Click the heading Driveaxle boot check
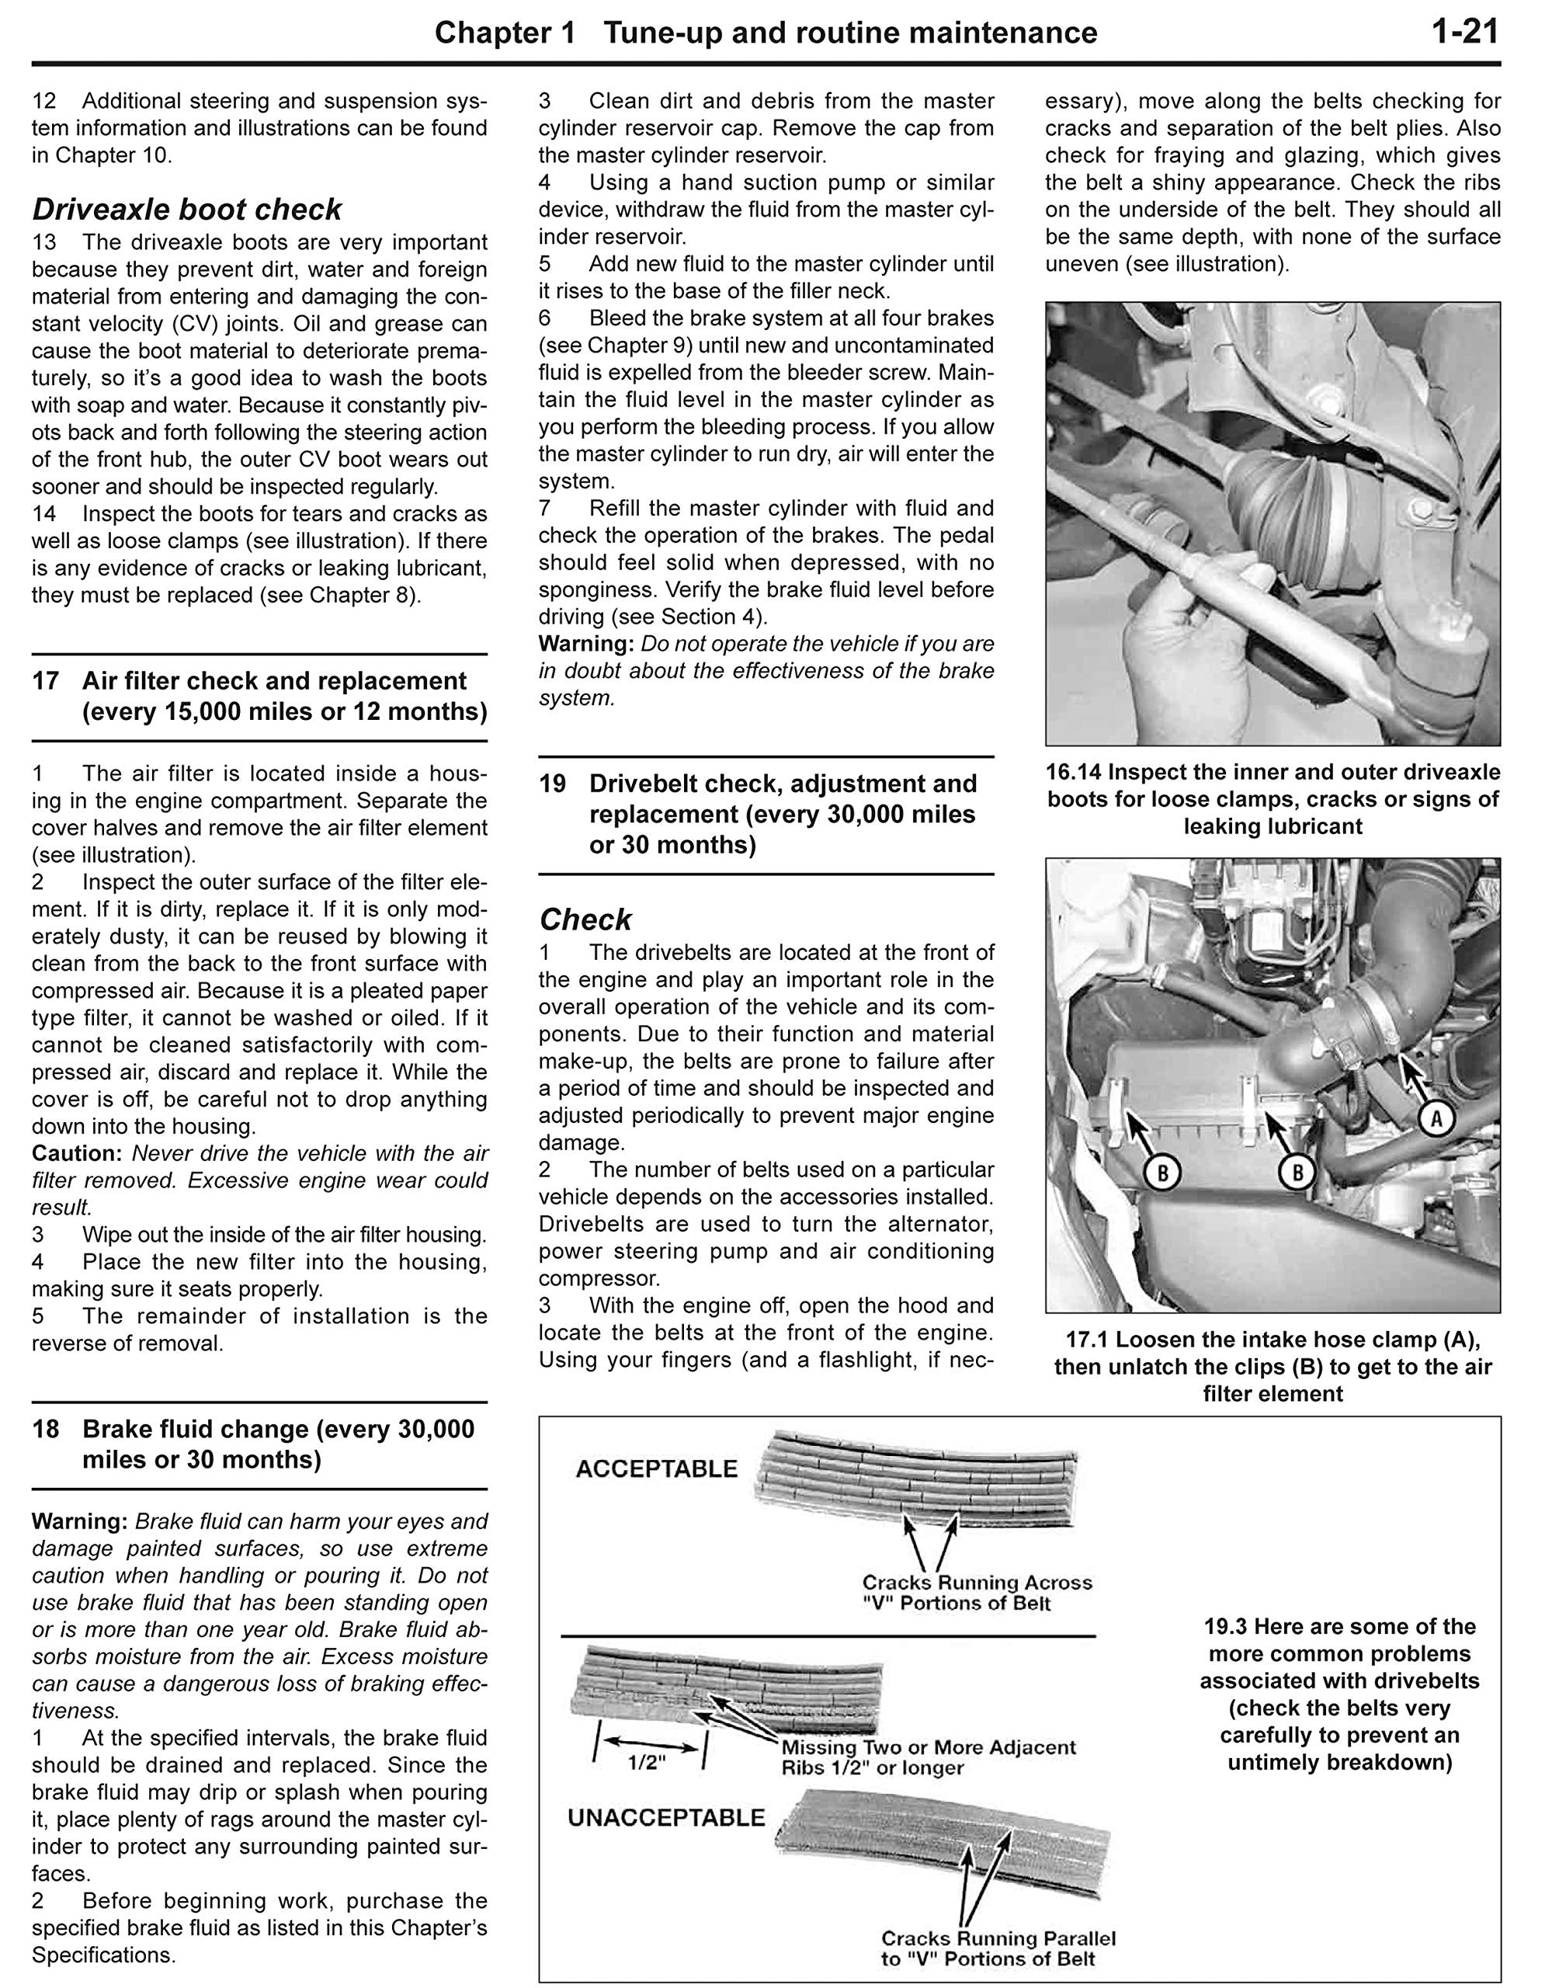(187, 209)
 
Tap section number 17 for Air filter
(46, 680)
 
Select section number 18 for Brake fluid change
(46, 1429)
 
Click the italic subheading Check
(585, 919)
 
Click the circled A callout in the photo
(1436, 1117)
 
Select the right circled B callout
(1297, 1172)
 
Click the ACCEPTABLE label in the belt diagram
(657, 1469)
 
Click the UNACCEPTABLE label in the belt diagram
(665, 1817)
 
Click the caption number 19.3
(1227, 1627)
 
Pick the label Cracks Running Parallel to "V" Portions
(998, 1949)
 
